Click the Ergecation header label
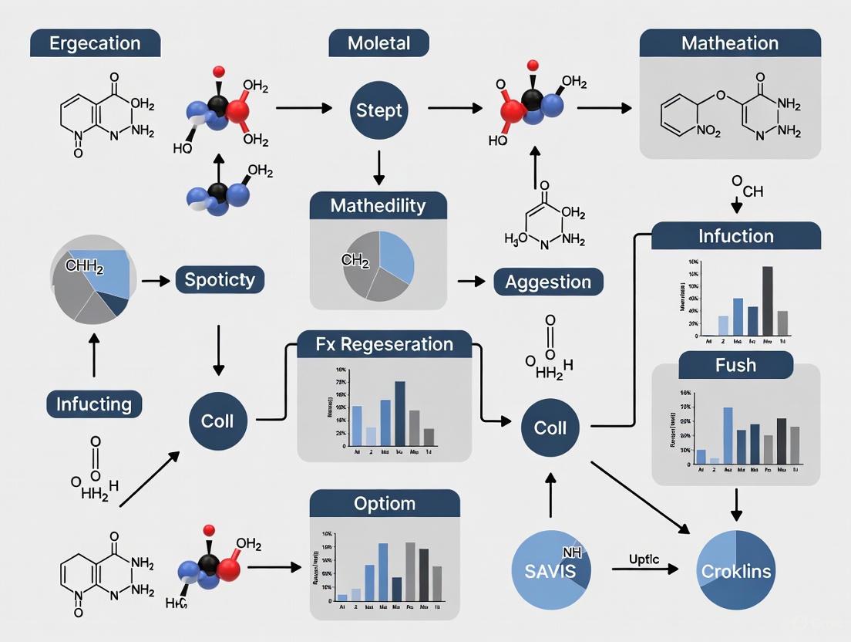pyautogui.click(x=95, y=43)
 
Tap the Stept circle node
pyautogui.click(x=378, y=110)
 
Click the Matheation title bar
pyautogui.click(x=729, y=43)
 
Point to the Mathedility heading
pyautogui.click(x=378, y=206)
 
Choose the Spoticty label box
pyautogui.click(x=220, y=279)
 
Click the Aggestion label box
pyautogui.click(x=548, y=282)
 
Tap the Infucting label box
pyautogui.click(x=94, y=404)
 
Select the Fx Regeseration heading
pyautogui.click(x=385, y=343)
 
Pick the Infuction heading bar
pyautogui.click(x=735, y=235)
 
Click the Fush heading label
pyautogui.click(x=735, y=364)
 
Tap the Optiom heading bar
pyautogui.click(x=385, y=504)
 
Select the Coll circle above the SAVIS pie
pyautogui.click(x=550, y=427)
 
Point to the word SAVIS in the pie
pyautogui.click(x=543, y=572)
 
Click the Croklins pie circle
pyautogui.click(x=735, y=571)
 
